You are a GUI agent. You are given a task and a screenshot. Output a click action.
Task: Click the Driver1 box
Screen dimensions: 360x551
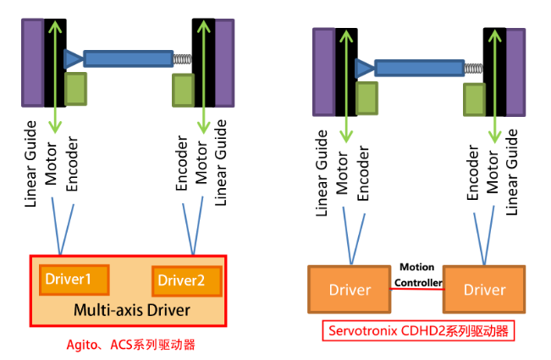[74, 280]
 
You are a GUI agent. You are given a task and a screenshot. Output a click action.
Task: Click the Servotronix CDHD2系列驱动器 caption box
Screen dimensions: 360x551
[417, 331]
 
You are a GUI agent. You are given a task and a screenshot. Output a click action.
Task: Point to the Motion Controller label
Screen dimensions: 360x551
[416, 274]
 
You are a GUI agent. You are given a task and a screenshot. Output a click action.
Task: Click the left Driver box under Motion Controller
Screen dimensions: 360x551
[350, 290]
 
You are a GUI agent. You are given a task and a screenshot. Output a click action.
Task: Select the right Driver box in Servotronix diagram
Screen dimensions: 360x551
[485, 290]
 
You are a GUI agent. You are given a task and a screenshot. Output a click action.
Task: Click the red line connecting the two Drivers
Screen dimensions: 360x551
[417, 290]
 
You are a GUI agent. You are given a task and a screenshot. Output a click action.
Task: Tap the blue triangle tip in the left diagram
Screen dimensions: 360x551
[74, 58]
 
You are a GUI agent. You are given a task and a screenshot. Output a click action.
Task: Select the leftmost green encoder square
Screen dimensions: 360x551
[75, 89]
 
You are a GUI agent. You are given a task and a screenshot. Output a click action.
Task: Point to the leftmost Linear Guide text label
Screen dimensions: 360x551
[32, 163]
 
